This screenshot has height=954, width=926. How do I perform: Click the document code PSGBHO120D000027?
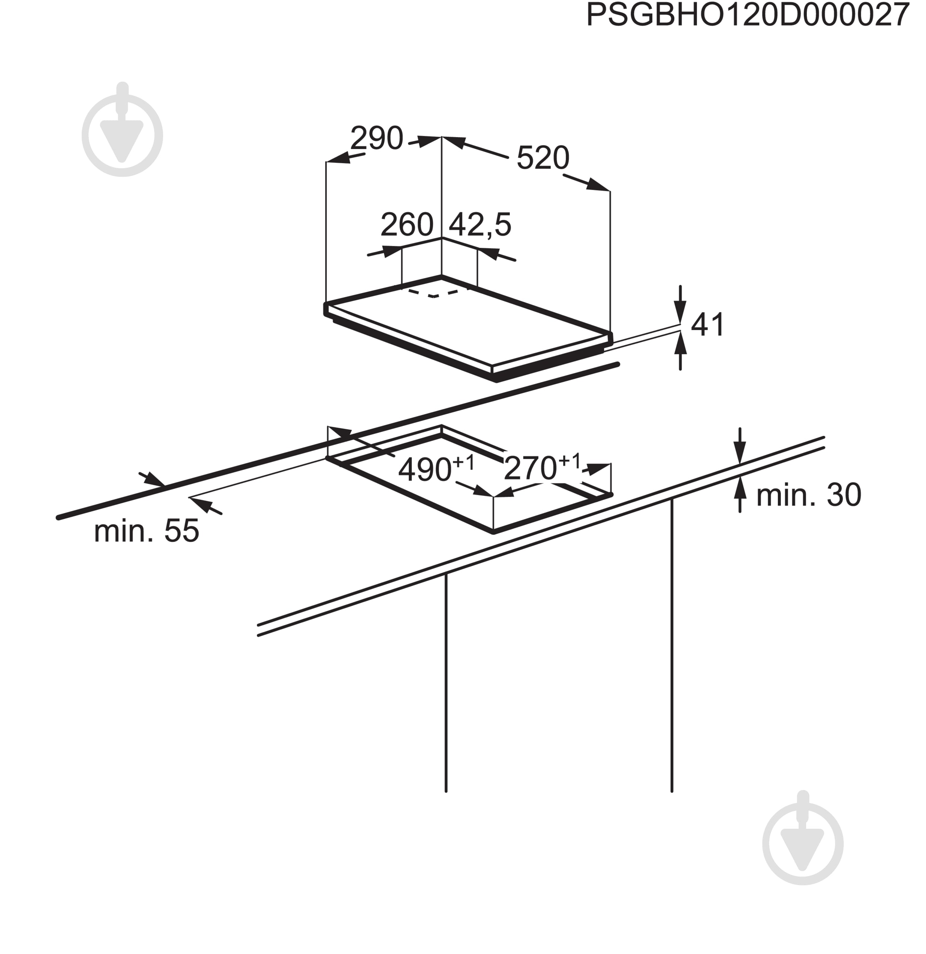coord(748,15)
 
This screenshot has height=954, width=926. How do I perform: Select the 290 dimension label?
coord(377,138)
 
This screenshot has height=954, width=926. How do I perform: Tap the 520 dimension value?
coord(543,158)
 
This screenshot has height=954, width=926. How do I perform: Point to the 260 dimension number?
coord(407,224)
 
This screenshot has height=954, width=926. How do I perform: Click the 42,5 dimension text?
coord(480,225)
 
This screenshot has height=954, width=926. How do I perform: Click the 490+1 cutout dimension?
coord(436,468)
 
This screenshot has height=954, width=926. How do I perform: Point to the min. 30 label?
coord(809,495)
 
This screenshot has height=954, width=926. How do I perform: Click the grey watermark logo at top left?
coord(122,129)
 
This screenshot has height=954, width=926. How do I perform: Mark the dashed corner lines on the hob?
coord(434,294)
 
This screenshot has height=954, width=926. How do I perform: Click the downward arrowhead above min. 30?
coord(740,453)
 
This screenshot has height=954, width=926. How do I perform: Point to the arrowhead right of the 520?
coord(597,185)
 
